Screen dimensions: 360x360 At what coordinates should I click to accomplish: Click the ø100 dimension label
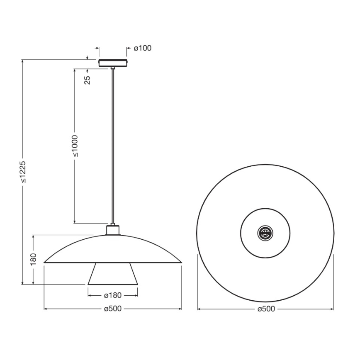(x=143, y=48)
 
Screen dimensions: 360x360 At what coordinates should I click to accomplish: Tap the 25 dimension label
(x=88, y=80)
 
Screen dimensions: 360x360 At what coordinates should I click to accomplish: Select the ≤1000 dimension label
(x=75, y=146)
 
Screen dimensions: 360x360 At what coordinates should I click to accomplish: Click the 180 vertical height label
(x=34, y=258)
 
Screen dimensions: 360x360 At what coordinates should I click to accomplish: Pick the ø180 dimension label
(x=112, y=296)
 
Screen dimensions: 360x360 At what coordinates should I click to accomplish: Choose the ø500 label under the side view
(x=112, y=309)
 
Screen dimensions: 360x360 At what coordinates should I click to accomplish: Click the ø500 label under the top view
(x=266, y=309)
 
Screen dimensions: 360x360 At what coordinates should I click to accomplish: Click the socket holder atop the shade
(x=113, y=230)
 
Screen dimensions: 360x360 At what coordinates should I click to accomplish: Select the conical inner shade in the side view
(x=113, y=274)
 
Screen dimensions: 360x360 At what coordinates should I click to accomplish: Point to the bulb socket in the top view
(x=265, y=233)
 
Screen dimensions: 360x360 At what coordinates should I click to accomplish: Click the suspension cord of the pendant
(x=113, y=145)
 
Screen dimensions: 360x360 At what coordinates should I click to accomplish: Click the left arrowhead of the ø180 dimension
(x=90, y=296)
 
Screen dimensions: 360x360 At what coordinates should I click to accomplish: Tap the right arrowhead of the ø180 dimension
(x=136, y=296)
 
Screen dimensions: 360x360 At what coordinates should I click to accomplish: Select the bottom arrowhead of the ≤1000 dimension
(x=75, y=221)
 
